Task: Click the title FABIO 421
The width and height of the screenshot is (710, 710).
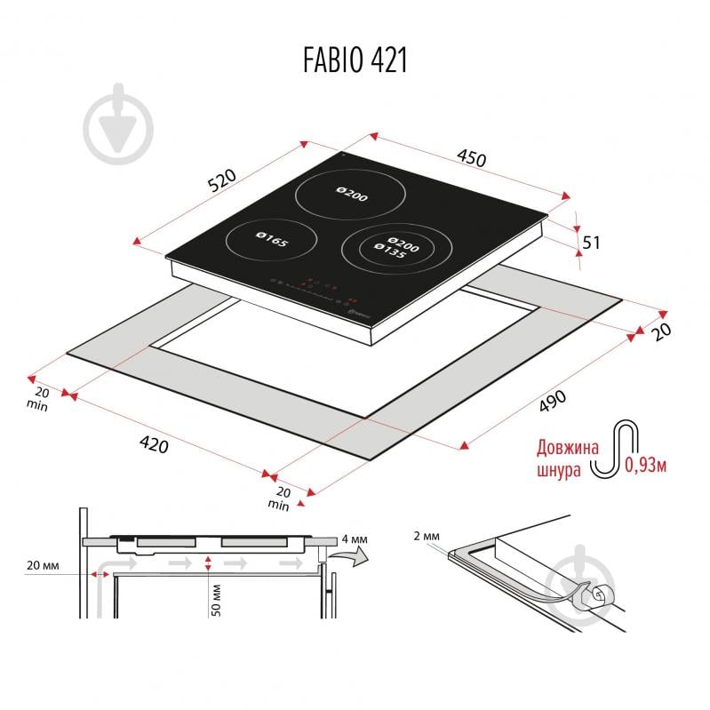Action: (x=355, y=60)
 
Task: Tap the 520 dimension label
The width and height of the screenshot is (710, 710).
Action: (x=222, y=179)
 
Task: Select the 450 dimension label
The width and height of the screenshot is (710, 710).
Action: (x=471, y=157)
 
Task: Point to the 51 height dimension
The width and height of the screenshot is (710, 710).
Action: (x=591, y=243)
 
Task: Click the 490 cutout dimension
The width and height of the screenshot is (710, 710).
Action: (x=553, y=401)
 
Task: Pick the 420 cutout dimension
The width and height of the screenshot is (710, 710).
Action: (x=154, y=443)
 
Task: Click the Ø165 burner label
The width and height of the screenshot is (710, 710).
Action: (x=272, y=240)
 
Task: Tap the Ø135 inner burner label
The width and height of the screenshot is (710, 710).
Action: (x=390, y=251)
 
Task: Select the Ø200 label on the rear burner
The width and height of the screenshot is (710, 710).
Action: (x=352, y=194)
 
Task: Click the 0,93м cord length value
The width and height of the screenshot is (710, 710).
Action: (x=646, y=465)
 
